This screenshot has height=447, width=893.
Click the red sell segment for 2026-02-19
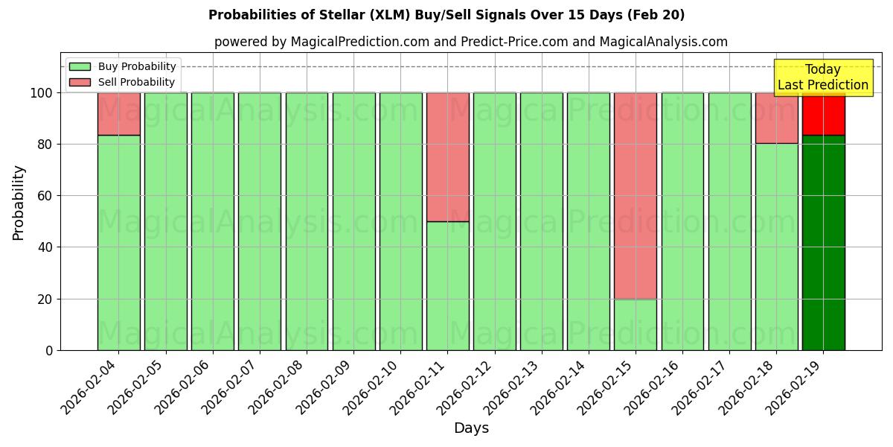click(823, 114)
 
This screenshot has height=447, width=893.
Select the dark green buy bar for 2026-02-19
click(823, 243)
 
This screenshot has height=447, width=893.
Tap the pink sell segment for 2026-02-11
click(447, 157)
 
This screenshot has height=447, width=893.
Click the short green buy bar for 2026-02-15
click(635, 324)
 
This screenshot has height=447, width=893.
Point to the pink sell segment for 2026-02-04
click(118, 114)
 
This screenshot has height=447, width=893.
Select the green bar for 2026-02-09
click(353, 221)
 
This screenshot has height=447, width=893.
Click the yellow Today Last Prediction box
click(823, 77)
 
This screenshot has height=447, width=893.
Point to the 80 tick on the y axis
click(46, 145)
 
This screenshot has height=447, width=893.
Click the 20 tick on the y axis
click(46, 299)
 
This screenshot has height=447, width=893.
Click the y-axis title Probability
click(19, 202)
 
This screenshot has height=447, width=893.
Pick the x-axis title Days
click(471, 428)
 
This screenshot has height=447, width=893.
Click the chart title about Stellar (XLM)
click(446, 15)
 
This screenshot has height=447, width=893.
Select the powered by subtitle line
click(470, 42)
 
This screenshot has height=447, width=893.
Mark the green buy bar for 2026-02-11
click(447, 286)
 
